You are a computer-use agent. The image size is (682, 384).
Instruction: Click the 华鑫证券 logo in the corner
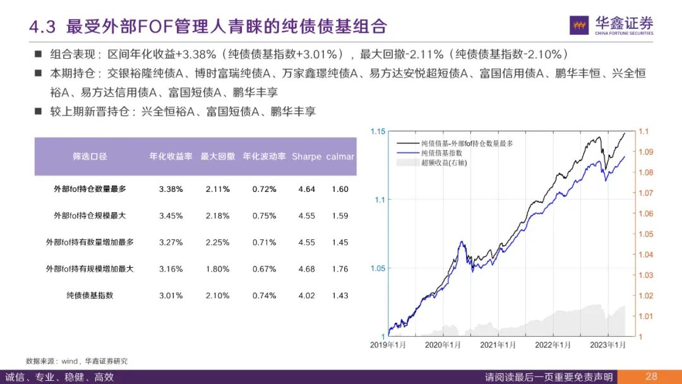click(611, 25)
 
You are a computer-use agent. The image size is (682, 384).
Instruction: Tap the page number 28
click(651, 376)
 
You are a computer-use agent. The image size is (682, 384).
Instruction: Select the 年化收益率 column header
click(170, 157)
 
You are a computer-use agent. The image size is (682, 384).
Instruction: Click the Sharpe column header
click(306, 157)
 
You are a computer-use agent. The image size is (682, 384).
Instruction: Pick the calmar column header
click(340, 157)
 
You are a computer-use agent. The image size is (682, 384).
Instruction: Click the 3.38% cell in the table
click(170, 189)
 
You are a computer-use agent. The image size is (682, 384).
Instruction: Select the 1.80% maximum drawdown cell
click(217, 269)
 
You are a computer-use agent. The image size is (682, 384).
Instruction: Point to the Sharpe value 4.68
click(306, 269)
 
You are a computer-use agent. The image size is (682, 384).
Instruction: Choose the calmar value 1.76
click(340, 269)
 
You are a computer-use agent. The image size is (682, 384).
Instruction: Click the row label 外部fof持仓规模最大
click(90, 216)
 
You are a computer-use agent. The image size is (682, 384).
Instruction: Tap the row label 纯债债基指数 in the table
click(90, 296)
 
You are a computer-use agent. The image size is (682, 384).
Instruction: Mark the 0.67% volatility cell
click(264, 269)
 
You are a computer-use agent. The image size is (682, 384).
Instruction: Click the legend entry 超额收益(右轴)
click(444, 163)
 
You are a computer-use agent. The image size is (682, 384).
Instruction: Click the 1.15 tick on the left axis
click(378, 131)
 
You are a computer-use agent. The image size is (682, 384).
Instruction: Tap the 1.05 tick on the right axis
click(645, 234)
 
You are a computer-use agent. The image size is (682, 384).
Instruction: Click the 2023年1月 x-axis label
click(607, 345)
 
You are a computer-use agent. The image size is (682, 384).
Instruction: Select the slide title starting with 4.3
click(208, 27)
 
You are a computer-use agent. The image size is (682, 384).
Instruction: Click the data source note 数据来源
click(76, 361)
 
